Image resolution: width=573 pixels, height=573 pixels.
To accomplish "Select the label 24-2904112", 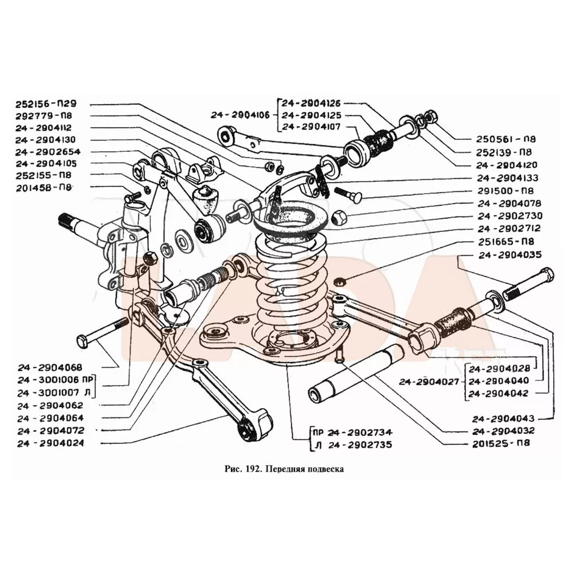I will [x=52, y=128].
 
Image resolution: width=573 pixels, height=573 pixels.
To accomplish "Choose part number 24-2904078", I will [x=507, y=203].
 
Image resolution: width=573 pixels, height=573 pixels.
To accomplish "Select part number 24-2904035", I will [x=507, y=254].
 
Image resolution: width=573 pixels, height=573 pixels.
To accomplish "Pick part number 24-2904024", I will [x=50, y=444].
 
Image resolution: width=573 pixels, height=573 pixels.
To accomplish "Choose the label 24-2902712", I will [x=507, y=229].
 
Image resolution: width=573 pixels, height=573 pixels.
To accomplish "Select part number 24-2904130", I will [x=52, y=140].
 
